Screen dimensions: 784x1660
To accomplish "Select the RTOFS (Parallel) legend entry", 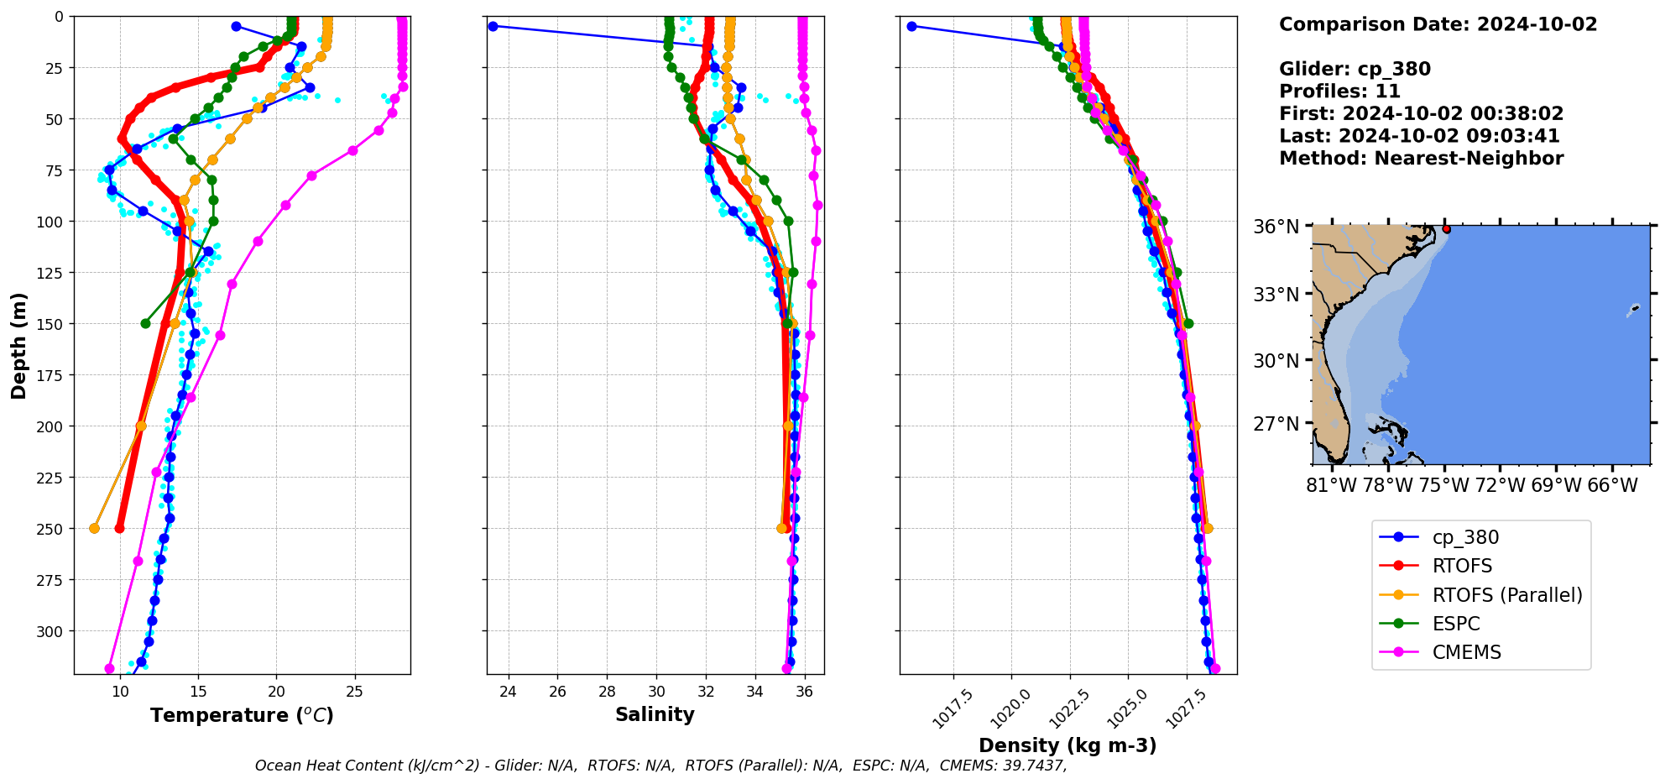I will point(1506,595).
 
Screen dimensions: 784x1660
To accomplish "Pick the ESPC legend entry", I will point(1455,624).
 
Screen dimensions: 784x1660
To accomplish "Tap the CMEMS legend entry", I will point(1466,652).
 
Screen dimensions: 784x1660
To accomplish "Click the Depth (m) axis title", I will point(18,345).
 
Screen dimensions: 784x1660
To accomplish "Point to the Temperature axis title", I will point(242,715).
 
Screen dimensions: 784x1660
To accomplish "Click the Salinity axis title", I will point(655,715).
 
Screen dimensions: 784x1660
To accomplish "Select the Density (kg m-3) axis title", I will point(1068,745).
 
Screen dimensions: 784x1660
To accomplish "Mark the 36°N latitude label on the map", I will point(1276,227).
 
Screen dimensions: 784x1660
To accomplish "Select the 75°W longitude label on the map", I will point(1443,486).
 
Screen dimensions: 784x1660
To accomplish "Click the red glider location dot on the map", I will point(1446,229).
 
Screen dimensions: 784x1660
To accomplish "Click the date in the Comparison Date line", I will point(1537,24).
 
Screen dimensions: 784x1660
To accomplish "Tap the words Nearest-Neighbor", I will point(1469,159).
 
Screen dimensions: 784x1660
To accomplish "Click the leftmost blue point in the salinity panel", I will point(493,26).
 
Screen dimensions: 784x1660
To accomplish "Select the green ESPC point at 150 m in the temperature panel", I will point(145,323).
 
